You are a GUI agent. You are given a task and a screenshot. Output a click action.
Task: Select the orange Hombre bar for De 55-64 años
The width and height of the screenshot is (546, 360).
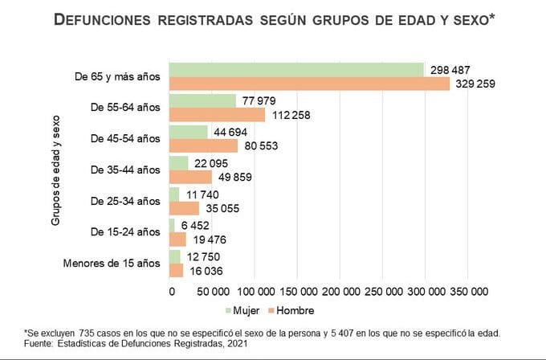pos(217,114)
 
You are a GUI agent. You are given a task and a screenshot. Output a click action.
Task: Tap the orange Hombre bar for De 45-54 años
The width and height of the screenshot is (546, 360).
pos(204,145)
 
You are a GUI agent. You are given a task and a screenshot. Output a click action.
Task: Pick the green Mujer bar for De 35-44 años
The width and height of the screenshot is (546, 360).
pos(178,163)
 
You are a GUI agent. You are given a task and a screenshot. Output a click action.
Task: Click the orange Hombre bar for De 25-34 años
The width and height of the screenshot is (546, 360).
pos(184,208)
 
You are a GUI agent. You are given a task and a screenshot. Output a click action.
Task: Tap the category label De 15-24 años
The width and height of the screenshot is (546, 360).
pos(127,231)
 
